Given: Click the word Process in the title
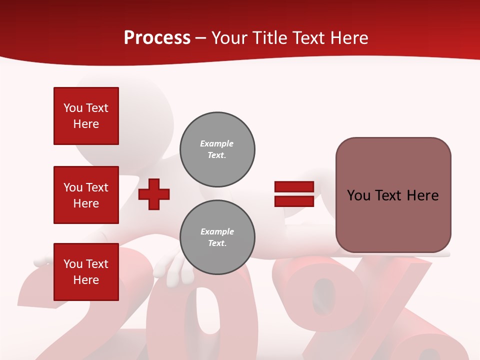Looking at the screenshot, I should [x=157, y=38].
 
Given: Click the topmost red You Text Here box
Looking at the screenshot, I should [x=86, y=116].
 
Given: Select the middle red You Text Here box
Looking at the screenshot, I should [x=86, y=195].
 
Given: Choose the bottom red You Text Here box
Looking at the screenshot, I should [x=86, y=272].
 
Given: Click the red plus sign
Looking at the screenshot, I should [x=154, y=194].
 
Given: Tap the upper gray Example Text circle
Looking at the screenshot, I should [x=217, y=149].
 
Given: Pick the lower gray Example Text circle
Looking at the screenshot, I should [x=217, y=237].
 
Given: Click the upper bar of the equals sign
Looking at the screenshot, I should [x=294, y=187].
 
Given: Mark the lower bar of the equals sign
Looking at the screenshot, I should [x=294, y=201].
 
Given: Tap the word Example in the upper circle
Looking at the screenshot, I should [x=217, y=143].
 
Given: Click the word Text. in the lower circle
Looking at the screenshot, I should [x=217, y=243].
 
